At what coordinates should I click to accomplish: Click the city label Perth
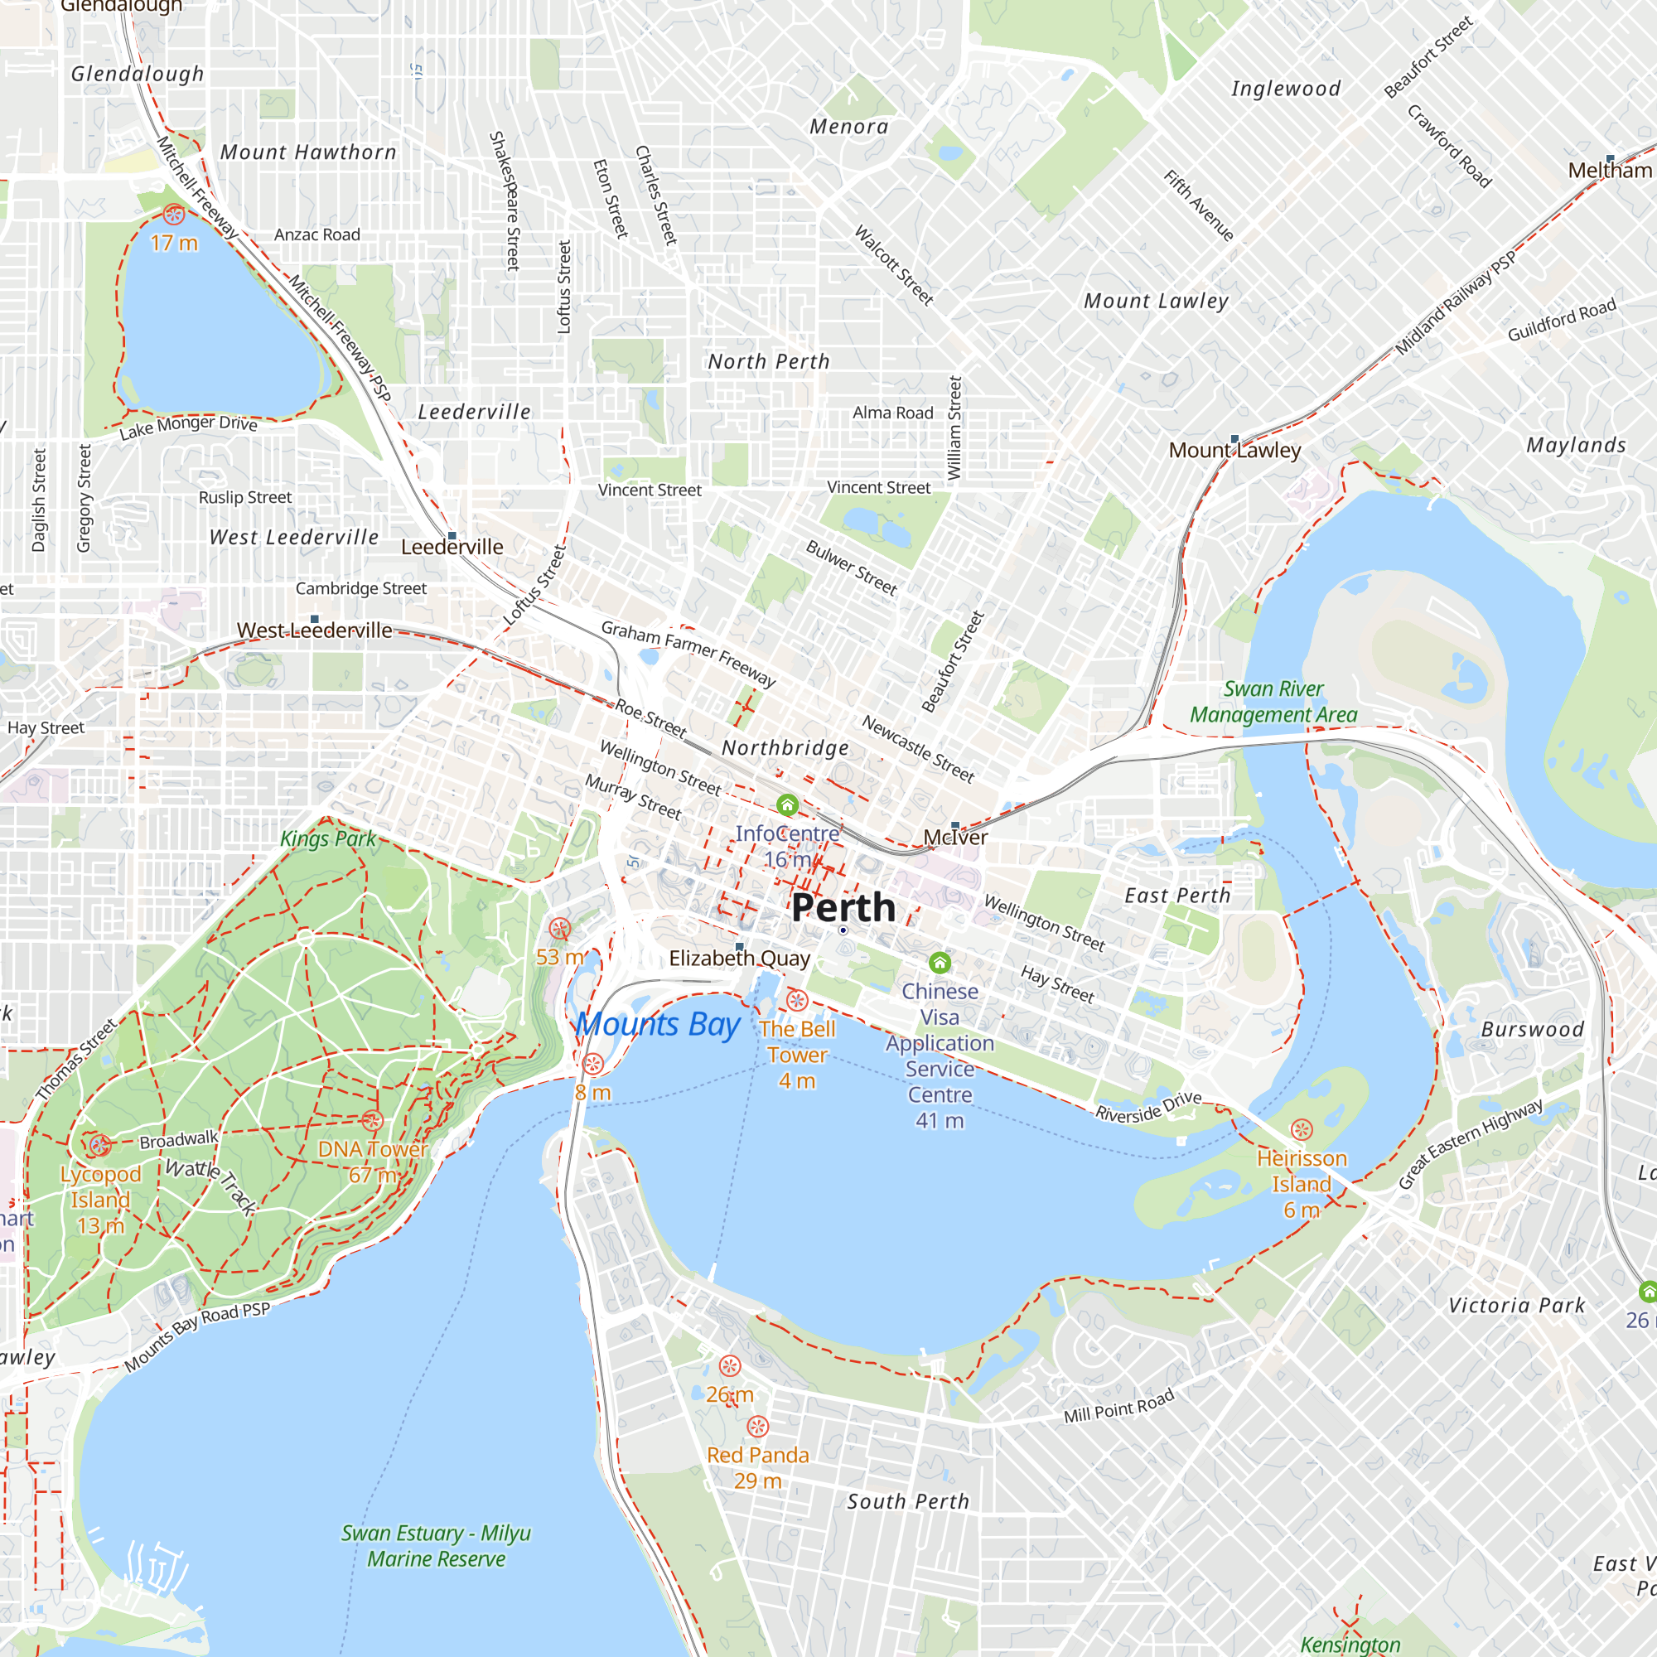tap(843, 907)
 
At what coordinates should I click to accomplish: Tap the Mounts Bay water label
tap(658, 1025)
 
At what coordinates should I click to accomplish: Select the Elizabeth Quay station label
tap(739, 959)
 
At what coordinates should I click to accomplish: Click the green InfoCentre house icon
tap(787, 804)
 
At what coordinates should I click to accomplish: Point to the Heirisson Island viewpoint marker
tap(1301, 1129)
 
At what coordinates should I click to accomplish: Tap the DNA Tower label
tap(372, 1149)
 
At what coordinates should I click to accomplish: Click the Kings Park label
tap(328, 838)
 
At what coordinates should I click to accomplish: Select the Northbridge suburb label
tap(785, 748)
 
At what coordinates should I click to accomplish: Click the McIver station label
tap(955, 838)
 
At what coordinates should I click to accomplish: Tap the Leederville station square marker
tap(452, 535)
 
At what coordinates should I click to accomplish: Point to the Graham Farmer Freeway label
tap(688, 654)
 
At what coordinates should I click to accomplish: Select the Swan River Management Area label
tap(1273, 702)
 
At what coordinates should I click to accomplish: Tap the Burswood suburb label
tap(1532, 1029)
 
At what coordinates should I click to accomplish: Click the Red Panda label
tap(757, 1456)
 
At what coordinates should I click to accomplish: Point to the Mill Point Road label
tap(1118, 1407)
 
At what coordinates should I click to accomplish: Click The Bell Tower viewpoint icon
tap(797, 1000)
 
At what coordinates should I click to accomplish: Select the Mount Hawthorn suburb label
tap(309, 152)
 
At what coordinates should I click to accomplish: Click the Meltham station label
tap(1609, 171)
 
